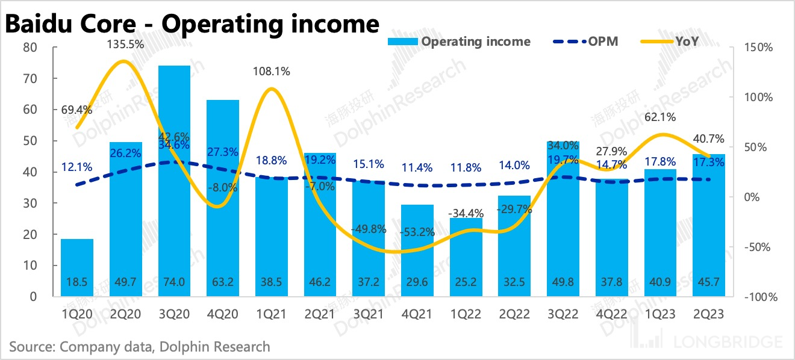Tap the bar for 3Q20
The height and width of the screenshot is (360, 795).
[x=174, y=181]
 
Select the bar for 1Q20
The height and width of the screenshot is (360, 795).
[x=76, y=267]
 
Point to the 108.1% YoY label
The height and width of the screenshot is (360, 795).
[x=272, y=72]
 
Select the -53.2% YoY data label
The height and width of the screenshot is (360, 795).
[x=417, y=232]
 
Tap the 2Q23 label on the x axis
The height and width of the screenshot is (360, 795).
[x=708, y=314]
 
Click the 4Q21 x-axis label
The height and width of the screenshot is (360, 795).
[x=417, y=314]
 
